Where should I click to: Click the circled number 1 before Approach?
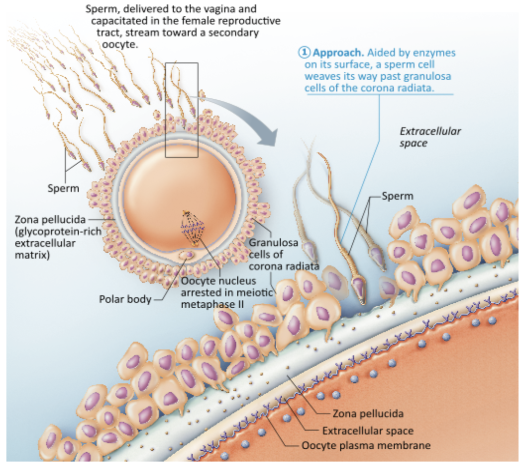coord(303,52)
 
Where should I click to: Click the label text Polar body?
coord(125,299)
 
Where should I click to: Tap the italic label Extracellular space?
coord(430,137)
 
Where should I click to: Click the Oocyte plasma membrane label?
coord(366,445)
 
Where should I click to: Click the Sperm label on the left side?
coord(63,188)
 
